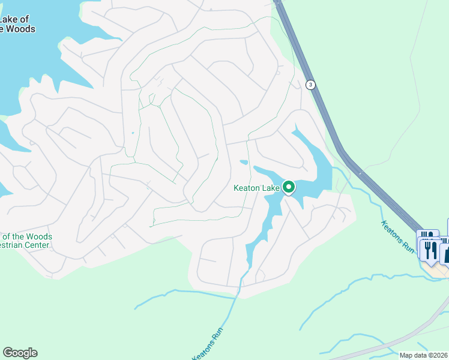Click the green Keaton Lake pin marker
[288, 188]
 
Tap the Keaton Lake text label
[256, 188]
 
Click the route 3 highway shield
[310, 85]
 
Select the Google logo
[20, 353]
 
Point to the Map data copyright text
[424, 355]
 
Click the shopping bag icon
[446, 253]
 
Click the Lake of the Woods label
[17, 25]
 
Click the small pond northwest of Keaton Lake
[244, 162]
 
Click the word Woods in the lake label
[22, 29]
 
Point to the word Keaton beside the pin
[246, 188]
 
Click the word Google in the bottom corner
[20, 353]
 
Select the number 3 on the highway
[310, 85]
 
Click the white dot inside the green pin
[288, 187]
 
